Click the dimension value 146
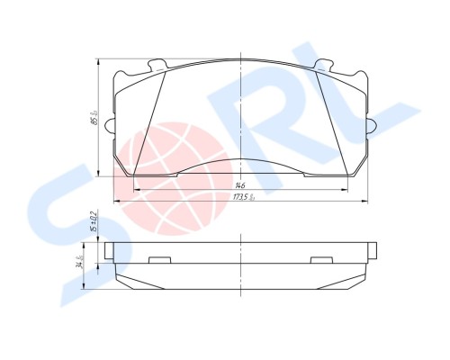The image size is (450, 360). pyautogui.click(x=240, y=184)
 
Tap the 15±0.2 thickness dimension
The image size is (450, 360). pyautogui.click(x=94, y=220)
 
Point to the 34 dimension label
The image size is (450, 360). pyautogui.click(x=81, y=264)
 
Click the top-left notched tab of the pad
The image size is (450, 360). pyautogui.click(x=157, y=65)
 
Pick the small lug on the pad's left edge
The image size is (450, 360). pyautogui.click(x=108, y=124)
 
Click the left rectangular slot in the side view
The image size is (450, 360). pyautogui.click(x=159, y=261)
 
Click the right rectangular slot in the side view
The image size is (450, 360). pyautogui.click(x=322, y=261)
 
